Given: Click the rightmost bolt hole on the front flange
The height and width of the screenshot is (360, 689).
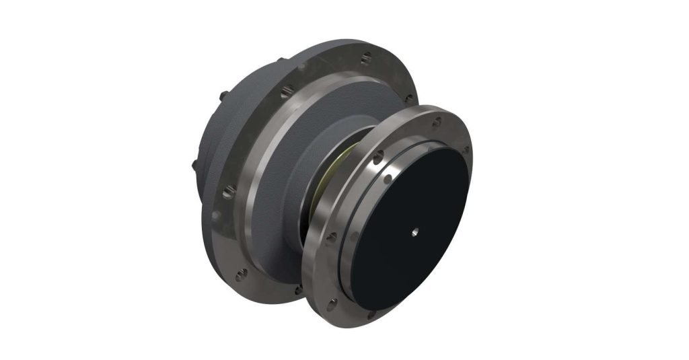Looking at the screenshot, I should [x=466, y=151].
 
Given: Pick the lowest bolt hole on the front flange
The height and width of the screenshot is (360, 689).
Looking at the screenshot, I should [x=371, y=313].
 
